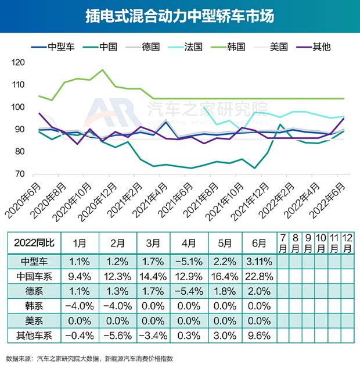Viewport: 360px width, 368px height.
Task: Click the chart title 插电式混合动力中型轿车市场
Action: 179,16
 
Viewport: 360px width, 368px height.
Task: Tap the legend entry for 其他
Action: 314,47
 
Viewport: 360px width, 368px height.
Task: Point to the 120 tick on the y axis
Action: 19,63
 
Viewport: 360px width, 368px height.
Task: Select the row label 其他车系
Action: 33,335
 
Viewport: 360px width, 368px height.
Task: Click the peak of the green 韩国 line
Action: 103,70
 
